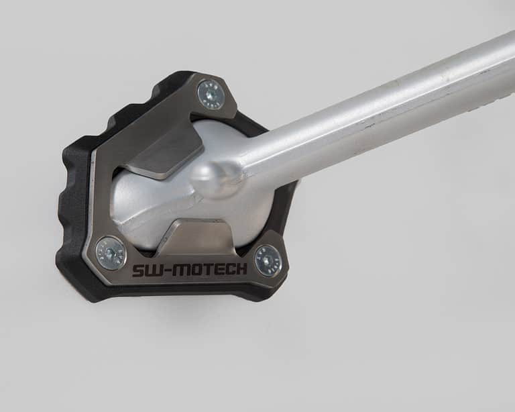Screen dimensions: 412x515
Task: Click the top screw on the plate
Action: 210,95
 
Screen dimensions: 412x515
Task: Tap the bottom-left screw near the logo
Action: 111,252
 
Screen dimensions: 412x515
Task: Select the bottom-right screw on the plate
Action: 268,259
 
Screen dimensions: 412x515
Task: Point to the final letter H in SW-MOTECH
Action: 242,269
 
